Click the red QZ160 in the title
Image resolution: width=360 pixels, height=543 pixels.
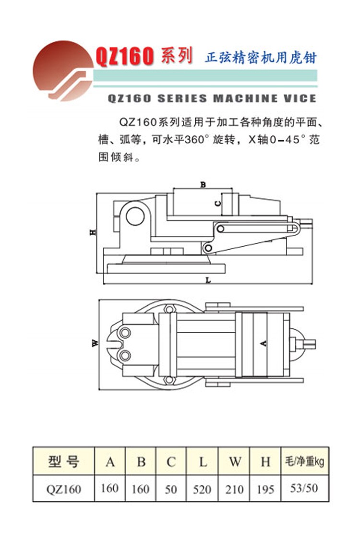coord(124,57)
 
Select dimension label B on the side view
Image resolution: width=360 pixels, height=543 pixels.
coord(203,184)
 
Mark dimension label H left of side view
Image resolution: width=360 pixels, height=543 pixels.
coord(93,232)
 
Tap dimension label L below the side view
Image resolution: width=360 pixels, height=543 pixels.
coord(207,279)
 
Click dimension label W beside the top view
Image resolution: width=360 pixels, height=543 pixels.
coord(95,343)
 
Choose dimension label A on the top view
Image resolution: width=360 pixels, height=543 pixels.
coord(263,343)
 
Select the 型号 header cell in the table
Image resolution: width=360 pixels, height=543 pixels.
coord(63,461)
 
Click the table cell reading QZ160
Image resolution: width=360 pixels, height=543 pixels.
coord(63,489)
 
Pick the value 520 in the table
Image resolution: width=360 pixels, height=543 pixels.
coord(202,489)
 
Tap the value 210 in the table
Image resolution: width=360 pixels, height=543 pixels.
coord(234,489)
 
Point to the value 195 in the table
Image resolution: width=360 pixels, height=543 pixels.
coord(265,489)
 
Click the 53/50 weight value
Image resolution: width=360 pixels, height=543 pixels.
coord(304,488)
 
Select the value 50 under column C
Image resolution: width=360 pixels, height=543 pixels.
coord(171,489)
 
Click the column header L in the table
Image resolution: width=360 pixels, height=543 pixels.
coord(203,462)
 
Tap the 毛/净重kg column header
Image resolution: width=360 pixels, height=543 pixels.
coord(304,462)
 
